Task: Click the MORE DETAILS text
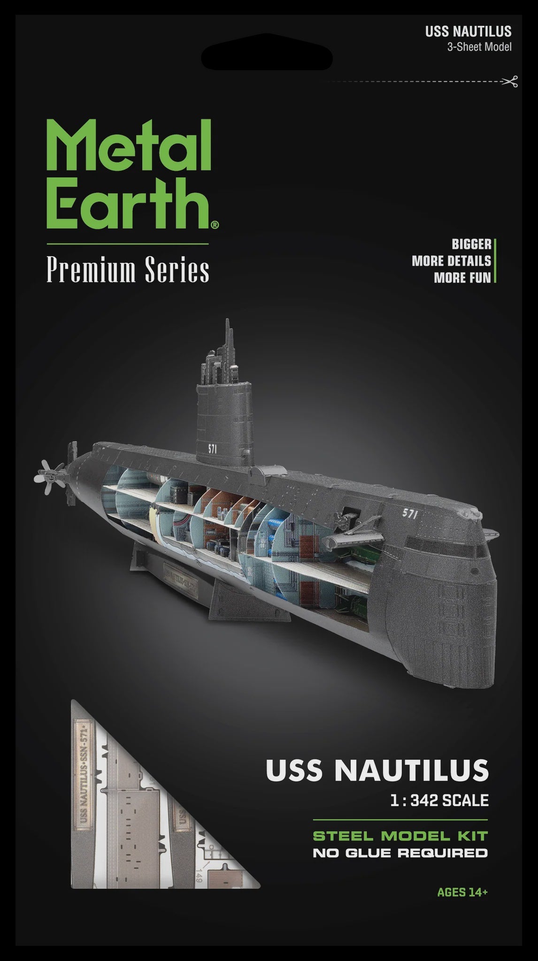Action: [451, 261]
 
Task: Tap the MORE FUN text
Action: [462, 277]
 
